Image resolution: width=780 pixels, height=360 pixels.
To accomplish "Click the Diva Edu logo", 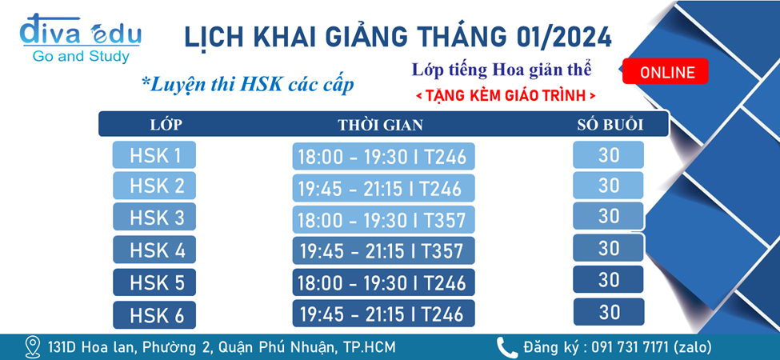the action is point(80,38).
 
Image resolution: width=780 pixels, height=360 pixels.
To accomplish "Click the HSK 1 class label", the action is point(154,155).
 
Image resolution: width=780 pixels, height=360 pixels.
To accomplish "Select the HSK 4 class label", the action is point(154,249).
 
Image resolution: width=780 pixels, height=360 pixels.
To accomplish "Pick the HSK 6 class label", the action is point(154,314).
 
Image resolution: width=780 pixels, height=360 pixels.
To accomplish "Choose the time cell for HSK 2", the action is point(383,188).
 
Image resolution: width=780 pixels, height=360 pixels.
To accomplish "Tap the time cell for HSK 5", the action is point(383,282).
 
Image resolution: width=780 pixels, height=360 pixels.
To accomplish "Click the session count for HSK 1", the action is point(609,155).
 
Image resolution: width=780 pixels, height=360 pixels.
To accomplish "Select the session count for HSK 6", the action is point(609,312).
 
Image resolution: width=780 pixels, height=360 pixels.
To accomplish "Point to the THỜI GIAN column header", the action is point(381,125).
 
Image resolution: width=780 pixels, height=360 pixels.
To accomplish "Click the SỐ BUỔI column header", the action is point(610,125).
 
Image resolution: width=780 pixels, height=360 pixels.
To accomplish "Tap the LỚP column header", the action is point(166,125).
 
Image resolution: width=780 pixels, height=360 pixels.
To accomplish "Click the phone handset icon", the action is point(507,346).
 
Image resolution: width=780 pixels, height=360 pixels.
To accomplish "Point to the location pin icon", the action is point(33,346).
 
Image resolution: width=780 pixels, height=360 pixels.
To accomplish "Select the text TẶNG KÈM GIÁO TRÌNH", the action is point(506,95).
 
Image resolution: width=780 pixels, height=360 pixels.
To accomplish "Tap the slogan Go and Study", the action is point(81,57).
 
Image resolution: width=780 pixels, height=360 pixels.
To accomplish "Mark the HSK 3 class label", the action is point(154,217).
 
